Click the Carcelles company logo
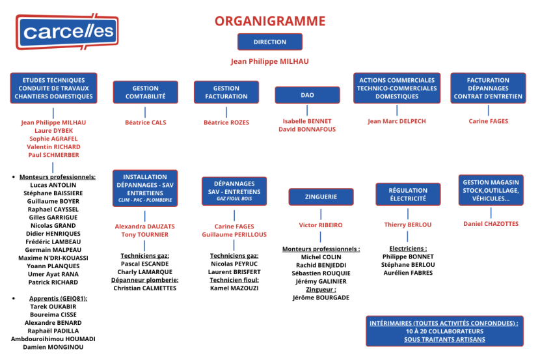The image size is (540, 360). click(x=67, y=32)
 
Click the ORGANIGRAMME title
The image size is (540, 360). click(x=270, y=21)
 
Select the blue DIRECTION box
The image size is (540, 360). click(x=270, y=42)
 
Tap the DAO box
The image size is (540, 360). click(x=307, y=95)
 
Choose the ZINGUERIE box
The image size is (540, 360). click(x=321, y=197)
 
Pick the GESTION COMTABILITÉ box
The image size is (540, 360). click(x=145, y=92)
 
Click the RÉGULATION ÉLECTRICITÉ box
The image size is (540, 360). click(x=408, y=194)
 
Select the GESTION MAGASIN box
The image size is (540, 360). click(x=491, y=190)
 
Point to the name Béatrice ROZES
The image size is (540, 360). click(x=226, y=122)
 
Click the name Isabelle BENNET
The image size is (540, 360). click(x=307, y=121)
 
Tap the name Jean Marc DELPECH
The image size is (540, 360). click(x=397, y=121)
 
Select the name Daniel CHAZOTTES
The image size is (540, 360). click(x=491, y=224)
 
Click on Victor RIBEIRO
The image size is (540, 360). click(x=321, y=225)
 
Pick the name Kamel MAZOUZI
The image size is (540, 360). click(x=234, y=288)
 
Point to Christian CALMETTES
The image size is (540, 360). click(x=144, y=288)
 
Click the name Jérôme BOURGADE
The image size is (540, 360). click(x=321, y=298)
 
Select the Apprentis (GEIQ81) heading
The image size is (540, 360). click(x=58, y=299)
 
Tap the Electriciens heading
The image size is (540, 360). click(x=408, y=249)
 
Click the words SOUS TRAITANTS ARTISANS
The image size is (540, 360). click(x=444, y=340)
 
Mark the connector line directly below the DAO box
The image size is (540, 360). click(x=307, y=110)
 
